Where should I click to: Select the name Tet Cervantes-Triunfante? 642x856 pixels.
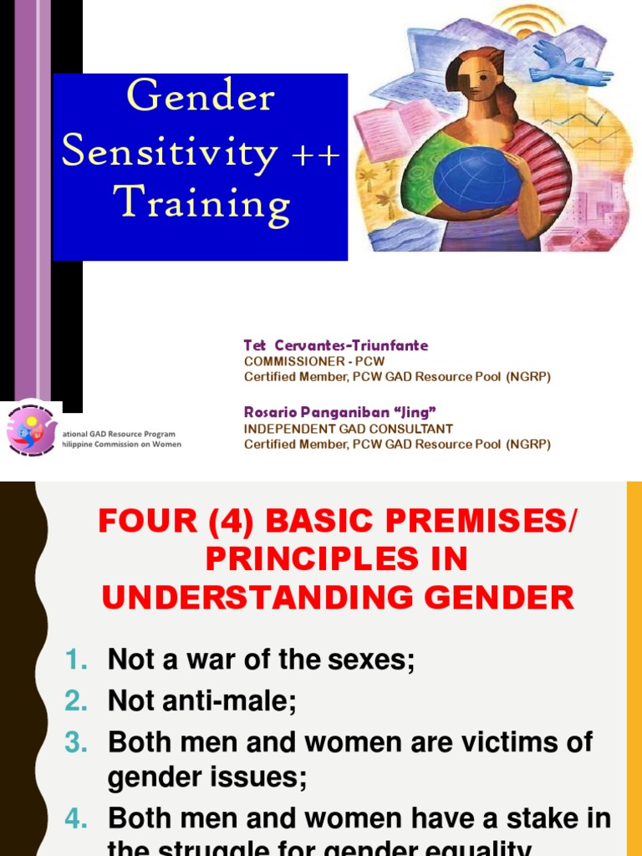tap(335, 345)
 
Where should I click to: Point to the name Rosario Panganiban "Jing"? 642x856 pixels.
tap(340, 412)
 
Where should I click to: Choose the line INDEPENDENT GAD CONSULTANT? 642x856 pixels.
tap(349, 429)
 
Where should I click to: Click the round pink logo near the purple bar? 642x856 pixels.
tap(32, 427)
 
